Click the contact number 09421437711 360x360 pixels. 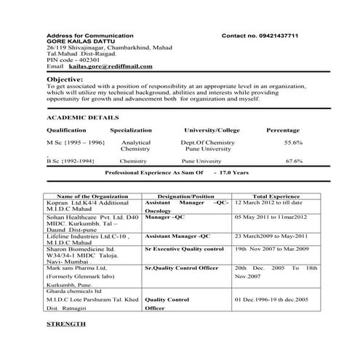tap(271, 36)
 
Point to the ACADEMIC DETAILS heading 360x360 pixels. tap(82, 116)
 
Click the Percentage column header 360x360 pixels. tap(283, 129)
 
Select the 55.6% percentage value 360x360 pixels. tap(293, 143)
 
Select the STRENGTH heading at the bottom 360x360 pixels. tap(65, 322)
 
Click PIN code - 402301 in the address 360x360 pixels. tap(73, 59)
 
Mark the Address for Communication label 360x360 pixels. tap(89, 36)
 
